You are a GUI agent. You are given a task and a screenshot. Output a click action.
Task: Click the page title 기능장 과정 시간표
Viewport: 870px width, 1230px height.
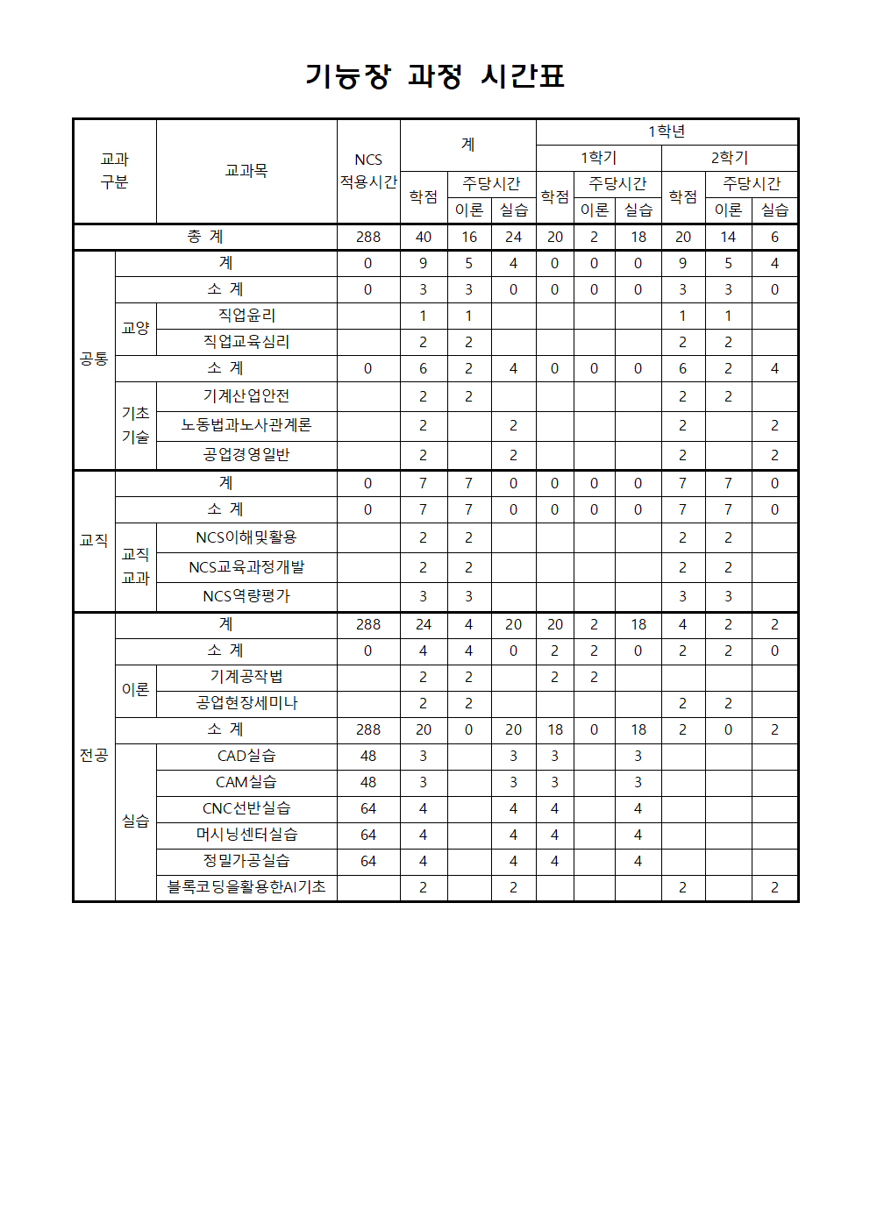(435, 76)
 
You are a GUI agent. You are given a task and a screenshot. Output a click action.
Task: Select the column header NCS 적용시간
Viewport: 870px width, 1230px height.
(368, 171)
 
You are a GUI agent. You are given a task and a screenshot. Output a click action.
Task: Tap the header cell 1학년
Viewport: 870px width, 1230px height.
(667, 132)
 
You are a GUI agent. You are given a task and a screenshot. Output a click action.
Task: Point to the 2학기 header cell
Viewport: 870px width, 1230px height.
(729, 158)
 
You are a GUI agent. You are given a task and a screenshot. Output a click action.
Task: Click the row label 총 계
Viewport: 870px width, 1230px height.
(205, 237)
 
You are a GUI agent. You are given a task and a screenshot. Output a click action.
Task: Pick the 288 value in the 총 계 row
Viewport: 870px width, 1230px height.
(368, 237)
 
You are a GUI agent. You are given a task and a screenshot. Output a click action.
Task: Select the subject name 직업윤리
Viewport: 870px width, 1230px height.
(246, 316)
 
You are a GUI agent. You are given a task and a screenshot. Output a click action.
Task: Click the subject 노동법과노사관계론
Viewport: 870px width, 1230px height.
(246, 425)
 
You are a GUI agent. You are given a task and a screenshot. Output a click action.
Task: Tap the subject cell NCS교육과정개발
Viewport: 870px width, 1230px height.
(246, 567)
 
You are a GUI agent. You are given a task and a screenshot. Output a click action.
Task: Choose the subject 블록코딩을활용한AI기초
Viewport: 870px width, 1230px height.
(246, 887)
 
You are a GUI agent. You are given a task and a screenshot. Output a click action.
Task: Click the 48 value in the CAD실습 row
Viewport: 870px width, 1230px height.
(368, 756)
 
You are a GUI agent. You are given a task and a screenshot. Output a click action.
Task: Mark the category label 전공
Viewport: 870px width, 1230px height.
(94, 755)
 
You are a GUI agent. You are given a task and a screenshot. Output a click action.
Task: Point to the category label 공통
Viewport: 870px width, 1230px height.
(94, 359)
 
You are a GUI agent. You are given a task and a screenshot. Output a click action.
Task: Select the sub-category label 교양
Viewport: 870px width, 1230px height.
(136, 328)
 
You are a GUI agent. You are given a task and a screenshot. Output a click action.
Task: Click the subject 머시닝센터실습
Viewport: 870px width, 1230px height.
(246, 835)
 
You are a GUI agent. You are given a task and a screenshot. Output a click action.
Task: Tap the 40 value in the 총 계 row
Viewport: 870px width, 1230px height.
(424, 237)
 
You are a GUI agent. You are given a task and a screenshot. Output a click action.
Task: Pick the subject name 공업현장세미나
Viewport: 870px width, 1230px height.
(246, 703)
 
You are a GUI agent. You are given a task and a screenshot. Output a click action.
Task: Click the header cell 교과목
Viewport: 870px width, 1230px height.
(246, 171)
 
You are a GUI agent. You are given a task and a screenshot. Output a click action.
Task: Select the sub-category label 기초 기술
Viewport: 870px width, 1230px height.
(136, 425)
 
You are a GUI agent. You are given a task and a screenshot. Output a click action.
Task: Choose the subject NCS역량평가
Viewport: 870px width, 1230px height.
(246, 596)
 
